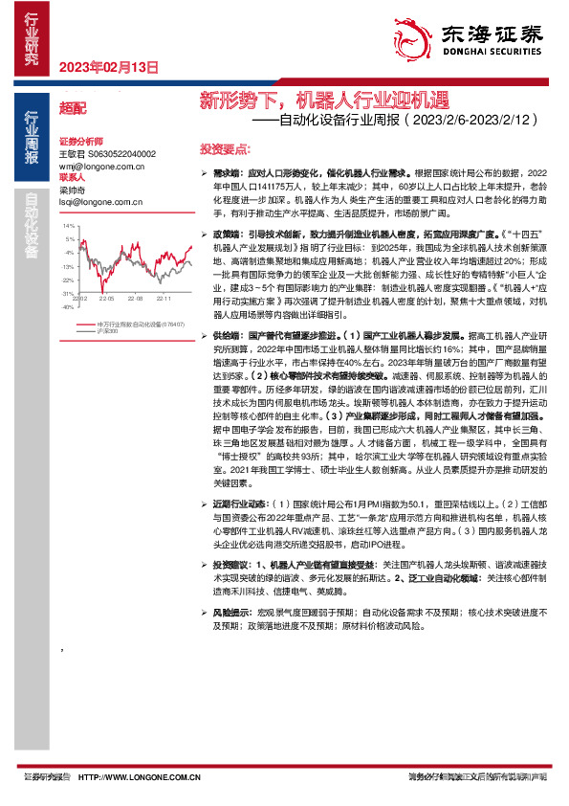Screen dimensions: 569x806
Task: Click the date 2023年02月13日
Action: click(x=107, y=67)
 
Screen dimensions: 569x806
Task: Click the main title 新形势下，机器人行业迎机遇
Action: click(x=322, y=100)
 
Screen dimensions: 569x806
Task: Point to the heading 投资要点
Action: click(x=225, y=149)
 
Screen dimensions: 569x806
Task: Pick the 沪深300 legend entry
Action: click(x=107, y=331)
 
